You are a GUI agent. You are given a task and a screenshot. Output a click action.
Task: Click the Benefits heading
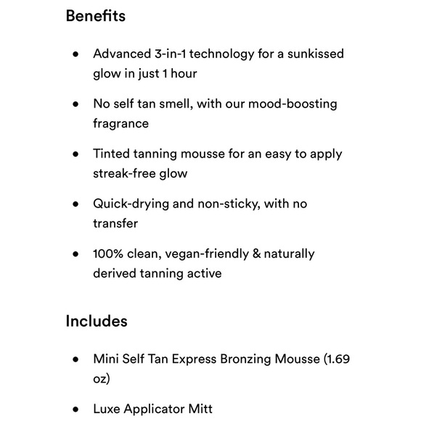click(x=95, y=16)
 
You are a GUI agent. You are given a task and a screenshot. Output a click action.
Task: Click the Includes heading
click(x=97, y=321)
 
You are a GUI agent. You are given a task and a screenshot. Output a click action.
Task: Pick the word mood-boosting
click(x=293, y=104)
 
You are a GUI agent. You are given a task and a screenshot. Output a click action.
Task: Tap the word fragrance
click(x=120, y=123)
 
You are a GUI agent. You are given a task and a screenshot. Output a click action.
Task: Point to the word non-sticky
click(x=221, y=204)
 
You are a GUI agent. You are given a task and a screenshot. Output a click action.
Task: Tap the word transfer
click(x=115, y=224)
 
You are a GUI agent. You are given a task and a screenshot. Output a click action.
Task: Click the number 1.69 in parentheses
click(x=338, y=359)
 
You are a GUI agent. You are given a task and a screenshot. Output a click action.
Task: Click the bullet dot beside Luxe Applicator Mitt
click(x=75, y=409)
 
